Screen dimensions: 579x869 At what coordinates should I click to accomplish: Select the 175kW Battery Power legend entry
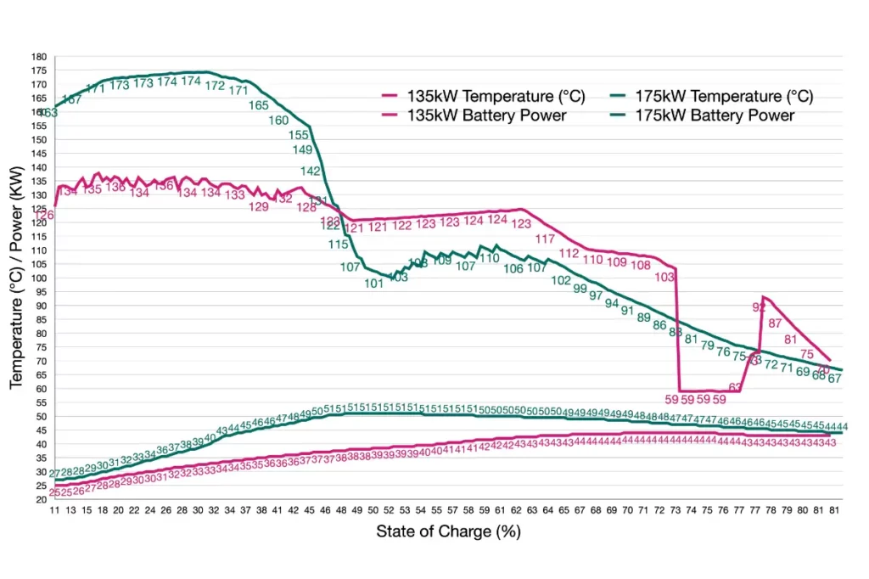point(715,115)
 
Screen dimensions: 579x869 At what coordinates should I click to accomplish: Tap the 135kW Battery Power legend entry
point(485,115)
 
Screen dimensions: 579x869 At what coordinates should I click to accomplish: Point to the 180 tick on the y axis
point(39,57)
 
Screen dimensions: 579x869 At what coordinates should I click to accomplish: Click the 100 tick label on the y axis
point(39,278)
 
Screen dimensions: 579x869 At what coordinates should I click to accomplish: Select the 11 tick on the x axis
point(55,510)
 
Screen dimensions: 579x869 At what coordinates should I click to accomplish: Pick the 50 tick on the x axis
point(373,510)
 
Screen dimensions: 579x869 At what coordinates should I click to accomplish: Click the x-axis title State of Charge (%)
point(448,533)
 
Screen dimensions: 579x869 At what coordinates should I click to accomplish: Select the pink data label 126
point(44,216)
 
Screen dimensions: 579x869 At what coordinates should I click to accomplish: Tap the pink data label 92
point(760,307)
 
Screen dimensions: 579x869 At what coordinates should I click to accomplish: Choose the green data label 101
point(374,284)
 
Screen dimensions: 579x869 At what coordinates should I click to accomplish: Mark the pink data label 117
point(545,239)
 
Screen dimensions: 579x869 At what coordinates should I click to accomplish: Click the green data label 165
point(259,106)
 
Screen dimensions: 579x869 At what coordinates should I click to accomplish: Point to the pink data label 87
point(775,323)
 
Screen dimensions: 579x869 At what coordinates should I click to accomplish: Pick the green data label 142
point(311,171)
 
